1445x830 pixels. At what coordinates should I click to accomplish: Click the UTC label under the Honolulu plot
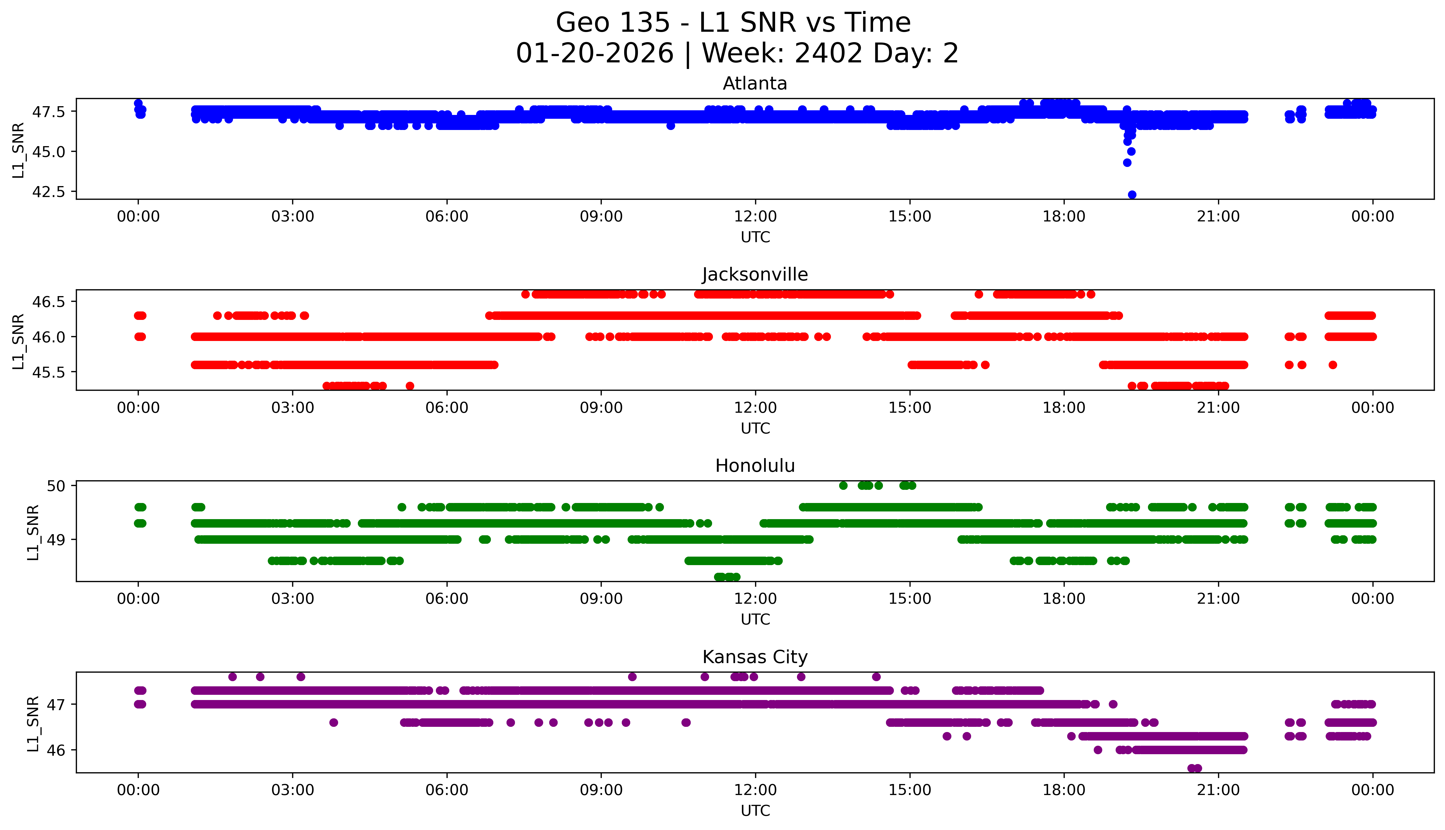pyautogui.click(x=755, y=620)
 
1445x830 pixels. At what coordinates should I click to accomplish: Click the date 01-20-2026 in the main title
pyautogui.click(x=595, y=54)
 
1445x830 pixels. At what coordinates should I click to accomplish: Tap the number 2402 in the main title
pyautogui.click(x=828, y=54)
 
